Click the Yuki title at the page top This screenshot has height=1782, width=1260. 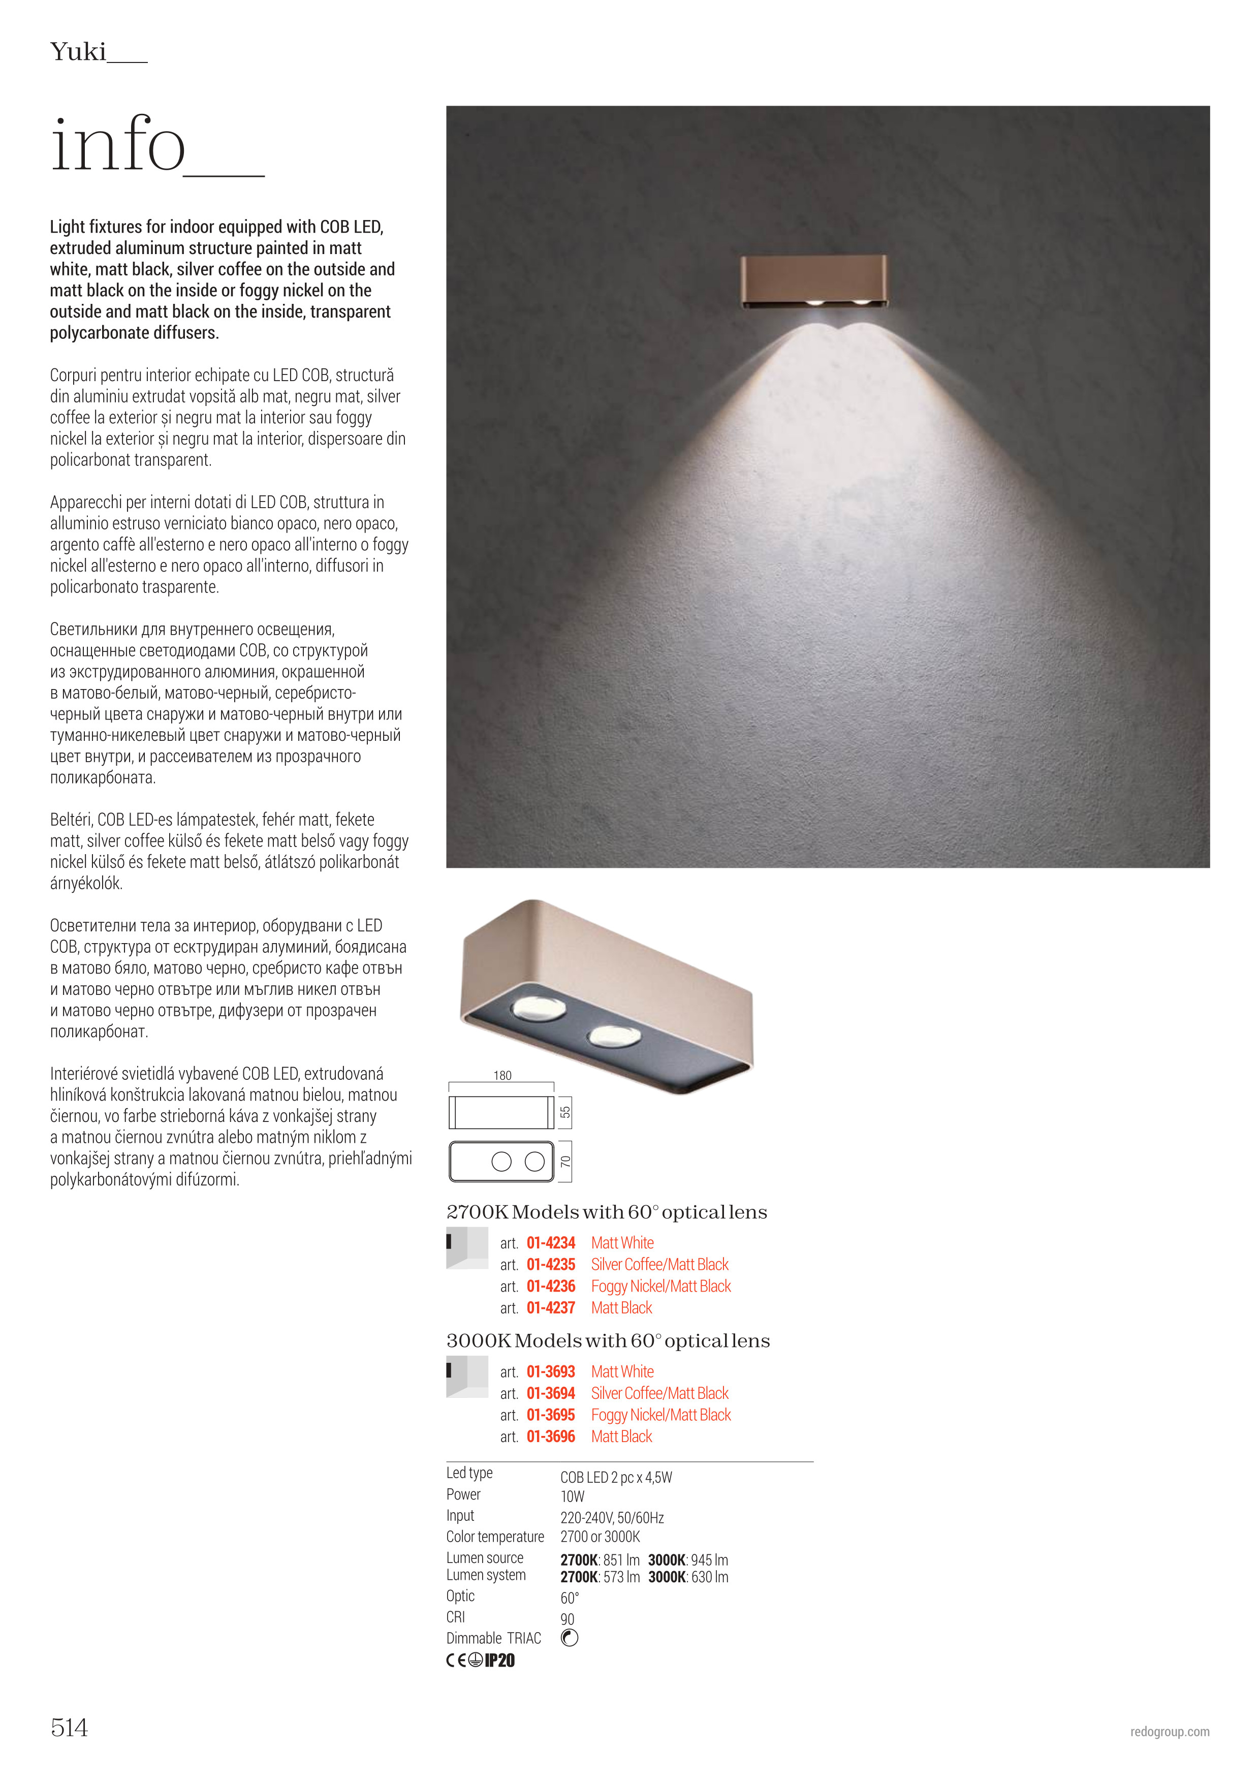coord(78,52)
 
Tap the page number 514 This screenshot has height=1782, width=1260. coord(69,1727)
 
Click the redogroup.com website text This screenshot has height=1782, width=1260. coord(1169,1732)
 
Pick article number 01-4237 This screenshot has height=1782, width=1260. coord(551,1308)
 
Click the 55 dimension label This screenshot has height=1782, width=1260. coord(565,1112)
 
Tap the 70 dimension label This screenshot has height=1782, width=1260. coord(565,1162)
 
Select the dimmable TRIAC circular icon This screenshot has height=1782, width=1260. coord(570,1638)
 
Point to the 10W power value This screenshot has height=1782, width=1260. coord(573,1496)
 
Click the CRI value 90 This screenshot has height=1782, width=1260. coord(567,1619)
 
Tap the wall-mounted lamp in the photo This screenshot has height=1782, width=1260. coord(813,281)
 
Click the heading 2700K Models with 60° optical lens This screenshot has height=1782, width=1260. coord(607,1212)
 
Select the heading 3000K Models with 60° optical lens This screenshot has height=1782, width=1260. coord(608,1341)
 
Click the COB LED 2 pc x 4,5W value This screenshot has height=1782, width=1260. coord(616,1477)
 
